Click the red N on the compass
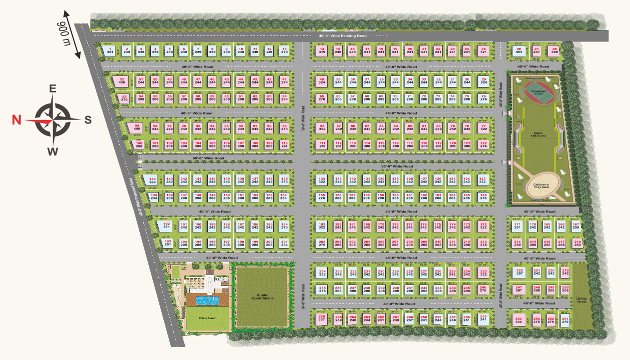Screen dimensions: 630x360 point(16,120)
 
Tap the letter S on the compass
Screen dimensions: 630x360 point(87,120)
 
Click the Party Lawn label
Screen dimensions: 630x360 point(203,317)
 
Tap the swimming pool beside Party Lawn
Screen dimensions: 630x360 point(204,300)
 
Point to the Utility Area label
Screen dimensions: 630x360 point(581,300)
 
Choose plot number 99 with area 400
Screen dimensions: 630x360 point(136,127)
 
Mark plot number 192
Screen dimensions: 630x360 point(167,225)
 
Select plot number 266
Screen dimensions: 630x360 point(321,318)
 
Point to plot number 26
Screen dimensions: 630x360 point(519,50)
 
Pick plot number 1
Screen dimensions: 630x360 point(110,50)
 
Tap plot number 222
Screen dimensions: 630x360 point(519,272)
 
